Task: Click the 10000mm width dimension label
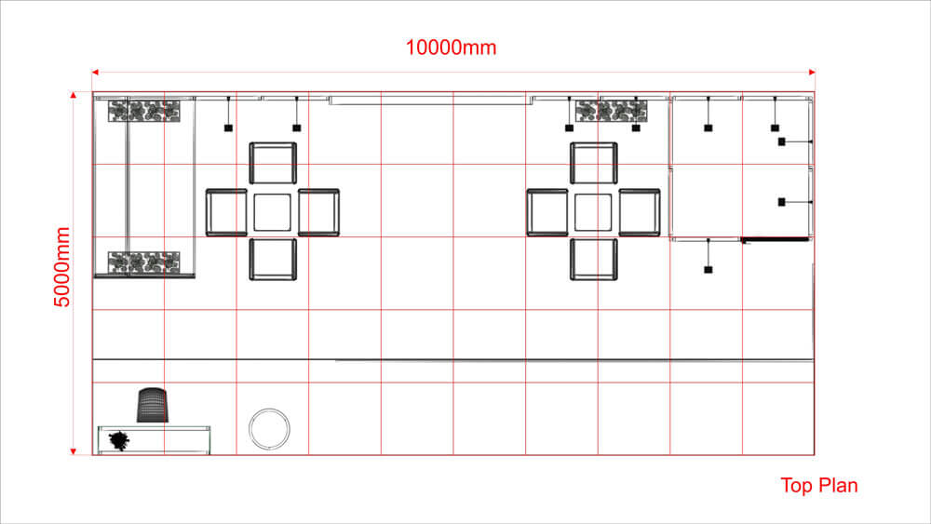(451, 47)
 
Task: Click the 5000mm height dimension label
(62, 267)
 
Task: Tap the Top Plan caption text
(818, 486)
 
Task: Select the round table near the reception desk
(270, 428)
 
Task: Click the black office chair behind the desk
(153, 405)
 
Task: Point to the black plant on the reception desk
(119, 440)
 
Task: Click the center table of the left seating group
(273, 212)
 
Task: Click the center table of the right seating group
(593, 212)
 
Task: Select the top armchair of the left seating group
(273, 163)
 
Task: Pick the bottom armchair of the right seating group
(594, 260)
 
